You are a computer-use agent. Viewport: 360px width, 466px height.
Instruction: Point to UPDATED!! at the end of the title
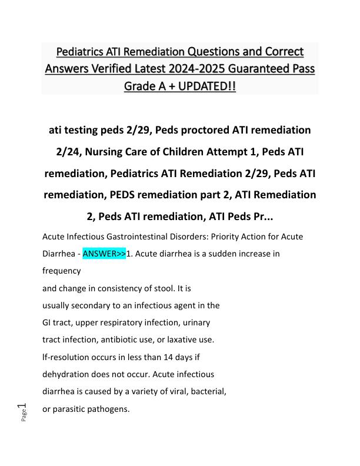[202, 86]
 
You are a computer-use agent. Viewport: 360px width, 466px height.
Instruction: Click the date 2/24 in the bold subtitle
[69, 151]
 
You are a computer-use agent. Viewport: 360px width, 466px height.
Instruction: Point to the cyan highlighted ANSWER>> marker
[104, 254]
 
